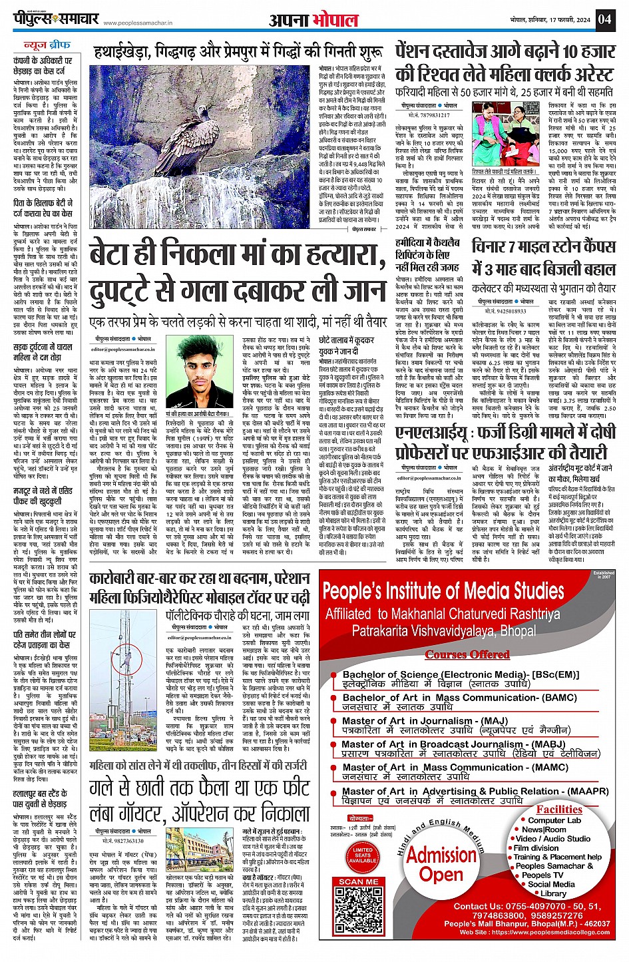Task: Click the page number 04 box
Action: click(604, 19)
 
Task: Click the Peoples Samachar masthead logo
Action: click(56, 19)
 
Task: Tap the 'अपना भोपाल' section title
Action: click(314, 20)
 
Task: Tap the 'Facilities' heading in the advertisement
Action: click(559, 810)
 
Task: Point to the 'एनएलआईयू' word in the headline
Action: click(439, 433)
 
